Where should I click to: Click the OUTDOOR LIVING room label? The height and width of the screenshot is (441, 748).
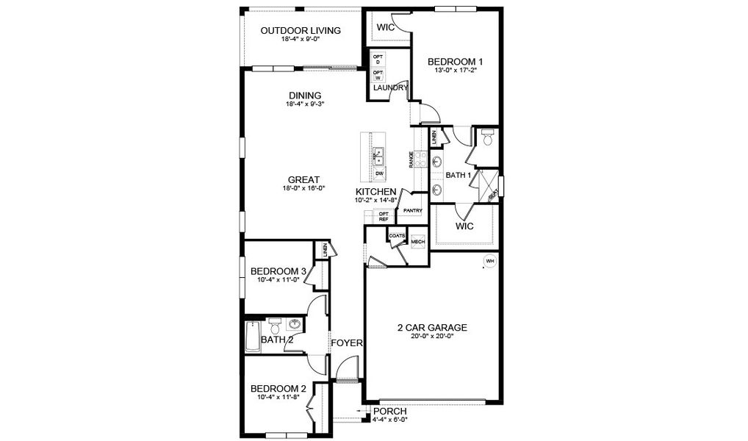pyautogui.click(x=301, y=30)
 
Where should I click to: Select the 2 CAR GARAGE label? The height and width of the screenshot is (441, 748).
pyautogui.click(x=432, y=328)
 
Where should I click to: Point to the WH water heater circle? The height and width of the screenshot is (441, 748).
pyautogui.click(x=489, y=261)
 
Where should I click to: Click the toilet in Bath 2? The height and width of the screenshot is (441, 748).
pyautogui.click(x=275, y=324)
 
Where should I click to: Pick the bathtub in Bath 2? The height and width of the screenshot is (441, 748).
pyautogui.click(x=252, y=337)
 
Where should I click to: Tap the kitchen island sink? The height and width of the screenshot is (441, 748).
pyautogui.click(x=379, y=156)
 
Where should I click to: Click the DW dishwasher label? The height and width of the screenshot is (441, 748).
pyautogui.click(x=379, y=174)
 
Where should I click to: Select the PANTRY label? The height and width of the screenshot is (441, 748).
pyautogui.click(x=412, y=211)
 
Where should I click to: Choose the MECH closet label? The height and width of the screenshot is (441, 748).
pyautogui.click(x=418, y=242)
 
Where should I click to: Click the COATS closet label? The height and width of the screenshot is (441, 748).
pyautogui.click(x=397, y=236)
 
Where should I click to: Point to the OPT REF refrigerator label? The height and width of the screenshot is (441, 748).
pyautogui.click(x=383, y=216)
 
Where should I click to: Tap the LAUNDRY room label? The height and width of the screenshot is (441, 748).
pyautogui.click(x=390, y=88)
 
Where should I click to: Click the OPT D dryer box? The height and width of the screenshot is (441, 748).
pyautogui.click(x=378, y=59)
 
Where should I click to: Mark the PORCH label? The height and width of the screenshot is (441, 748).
pyautogui.click(x=389, y=411)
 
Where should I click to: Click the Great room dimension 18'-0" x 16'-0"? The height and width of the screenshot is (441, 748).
pyautogui.click(x=303, y=188)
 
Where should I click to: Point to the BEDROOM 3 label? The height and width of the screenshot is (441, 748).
pyautogui.click(x=278, y=270)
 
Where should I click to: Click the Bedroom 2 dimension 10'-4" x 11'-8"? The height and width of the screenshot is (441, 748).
pyautogui.click(x=278, y=398)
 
